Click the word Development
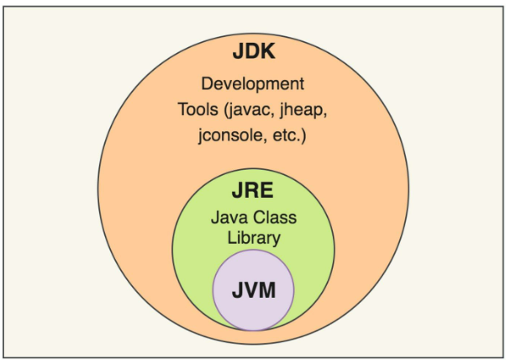253,84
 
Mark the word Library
253,238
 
